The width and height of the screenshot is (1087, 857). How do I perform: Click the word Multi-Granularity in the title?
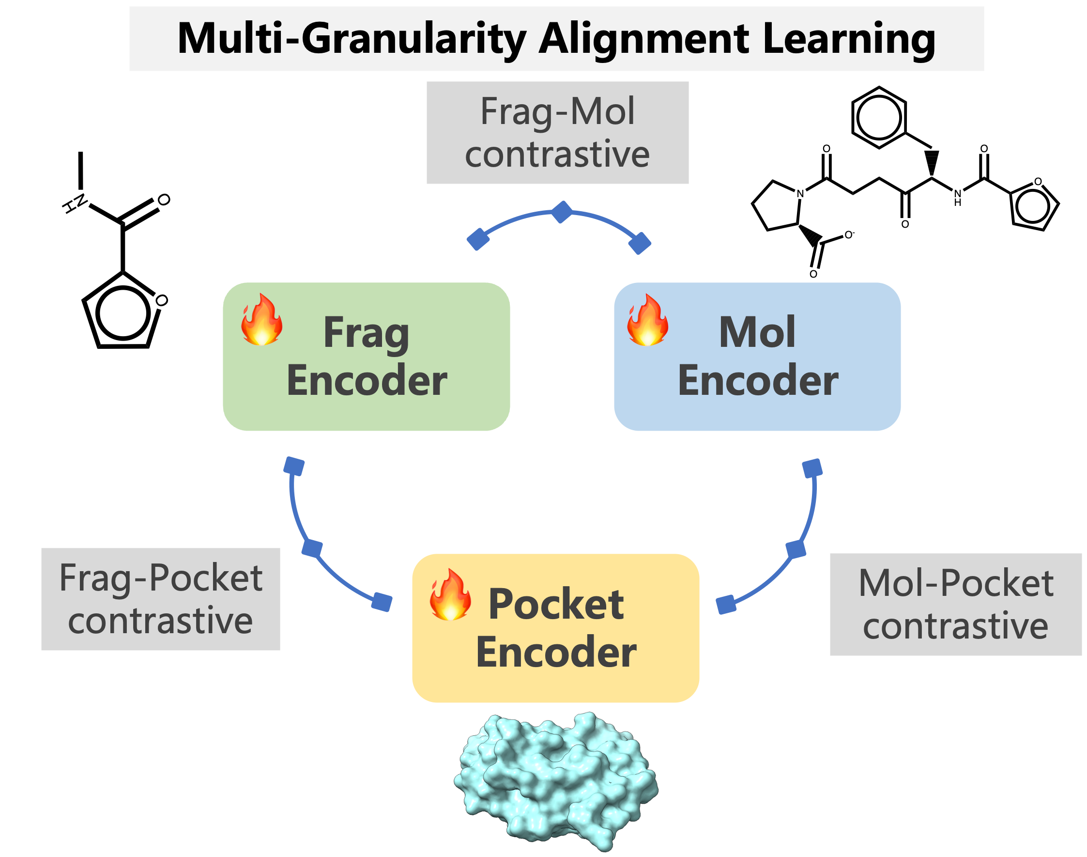pos(351,39)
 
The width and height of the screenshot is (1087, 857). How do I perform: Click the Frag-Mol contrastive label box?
pos(557,132)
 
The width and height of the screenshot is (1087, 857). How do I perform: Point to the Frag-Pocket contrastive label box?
pos(160,599)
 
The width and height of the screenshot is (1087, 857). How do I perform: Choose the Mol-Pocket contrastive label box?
pos(955,604)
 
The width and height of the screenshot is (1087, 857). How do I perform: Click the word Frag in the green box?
pos(366,333)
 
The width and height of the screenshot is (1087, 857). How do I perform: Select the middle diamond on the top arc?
pos(562,212)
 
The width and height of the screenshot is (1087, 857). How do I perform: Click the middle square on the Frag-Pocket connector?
pos(312,548)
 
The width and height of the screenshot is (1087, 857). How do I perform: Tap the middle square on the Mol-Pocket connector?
pos(796,549)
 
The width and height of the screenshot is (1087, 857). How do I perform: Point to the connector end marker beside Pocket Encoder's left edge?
pos(382,602)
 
